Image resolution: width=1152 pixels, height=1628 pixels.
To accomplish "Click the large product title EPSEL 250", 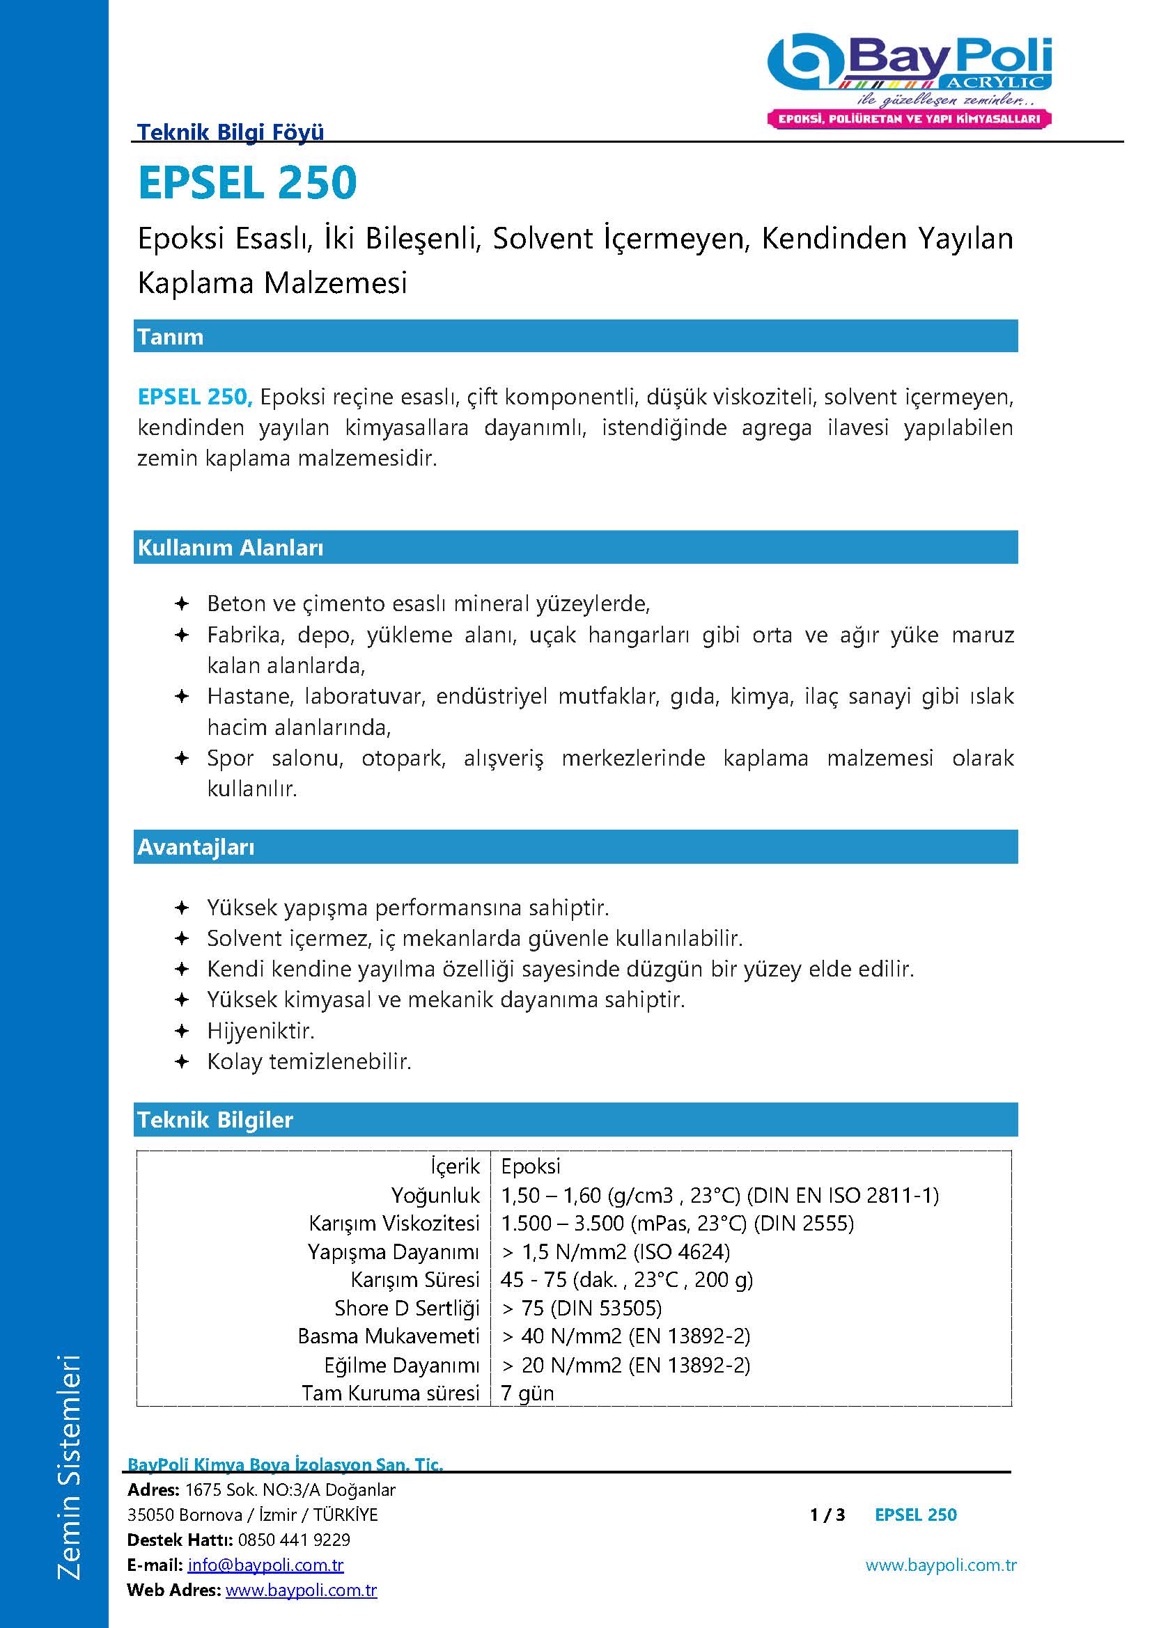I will click(x=247, y=183).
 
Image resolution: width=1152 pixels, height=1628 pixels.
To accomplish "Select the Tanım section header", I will click(x=170, y=337).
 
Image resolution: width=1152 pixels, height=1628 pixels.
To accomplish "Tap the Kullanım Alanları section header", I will click(x=231, y=547).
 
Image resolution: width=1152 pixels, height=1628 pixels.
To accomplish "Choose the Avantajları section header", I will click(x=196, y=846).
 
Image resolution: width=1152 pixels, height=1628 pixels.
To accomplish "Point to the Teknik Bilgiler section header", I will click(x=215, y=1120).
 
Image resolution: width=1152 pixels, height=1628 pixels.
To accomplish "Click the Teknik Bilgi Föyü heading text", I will click(x=231, y=132).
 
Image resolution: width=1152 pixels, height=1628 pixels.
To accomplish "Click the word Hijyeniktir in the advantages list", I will click(x=260, y=1030).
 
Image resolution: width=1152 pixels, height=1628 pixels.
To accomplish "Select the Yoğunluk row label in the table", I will click(x=435, y=1196).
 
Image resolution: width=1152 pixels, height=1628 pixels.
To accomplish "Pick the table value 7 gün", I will click(x=527, y=1393).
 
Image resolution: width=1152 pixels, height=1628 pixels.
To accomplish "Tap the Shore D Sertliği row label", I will click(x=407, y=1308).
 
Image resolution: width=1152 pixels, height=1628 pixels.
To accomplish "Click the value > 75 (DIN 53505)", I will click(x=582, y=1308).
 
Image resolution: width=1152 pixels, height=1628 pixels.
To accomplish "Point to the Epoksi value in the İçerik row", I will click(x=531, y=1167).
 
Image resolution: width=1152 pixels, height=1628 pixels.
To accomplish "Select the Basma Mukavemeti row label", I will click(x=389, y=1336).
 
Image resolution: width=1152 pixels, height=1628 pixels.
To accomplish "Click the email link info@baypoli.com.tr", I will click(x=265, y=1564).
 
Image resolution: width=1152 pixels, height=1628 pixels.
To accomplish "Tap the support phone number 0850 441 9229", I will click(x=295, y=1540).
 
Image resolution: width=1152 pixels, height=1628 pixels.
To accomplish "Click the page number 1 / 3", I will click(x=827, y=1515).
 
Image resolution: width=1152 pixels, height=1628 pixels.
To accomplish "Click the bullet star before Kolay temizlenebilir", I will click(x=182, y=1061).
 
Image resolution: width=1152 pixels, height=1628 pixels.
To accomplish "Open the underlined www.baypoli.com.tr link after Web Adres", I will click(x=301, y=1590).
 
